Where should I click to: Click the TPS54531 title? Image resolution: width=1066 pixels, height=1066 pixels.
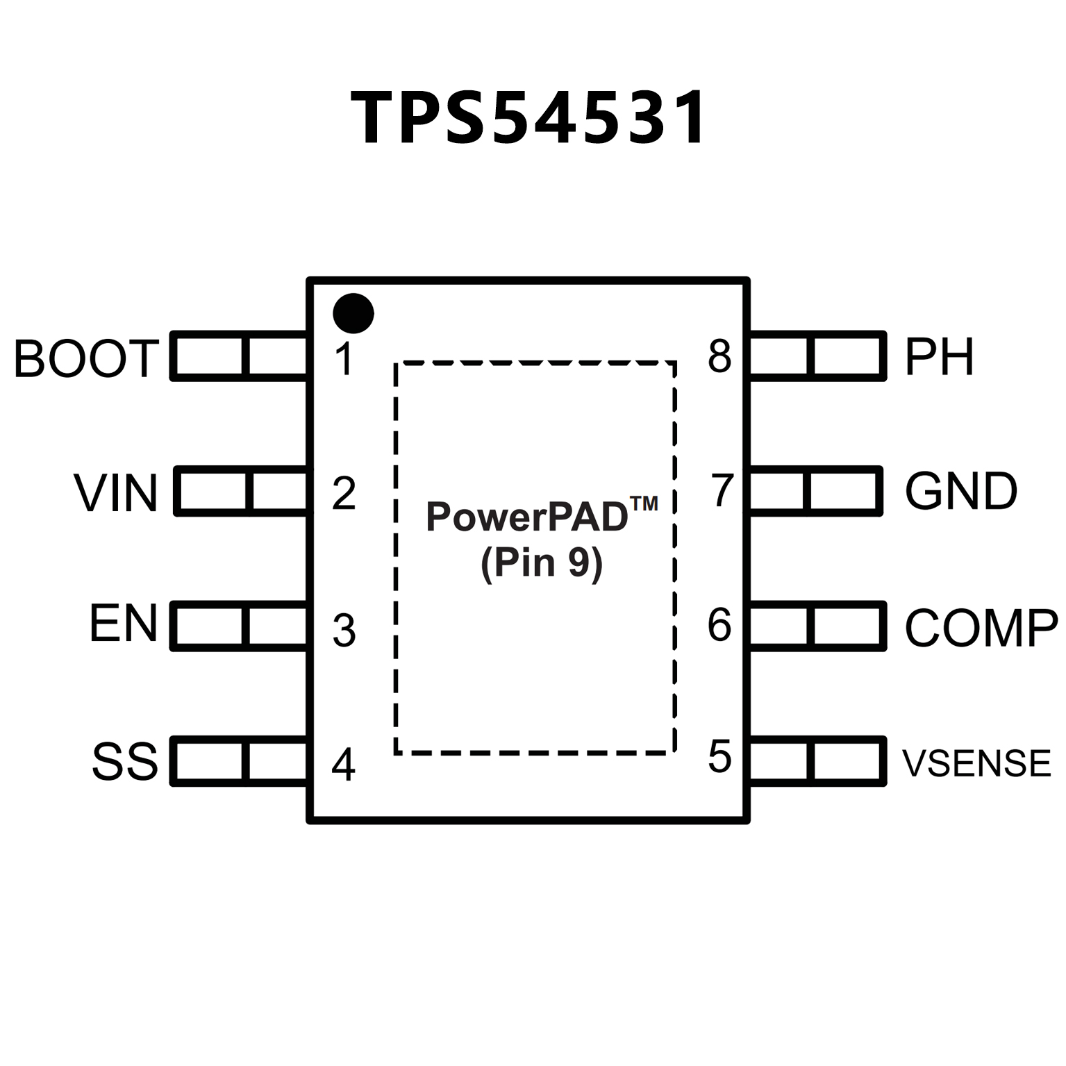(x=529, y=118)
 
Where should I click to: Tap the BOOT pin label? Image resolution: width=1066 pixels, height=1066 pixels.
(x=87, y=358)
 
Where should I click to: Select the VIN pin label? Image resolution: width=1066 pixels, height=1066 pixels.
(x=115, y=493)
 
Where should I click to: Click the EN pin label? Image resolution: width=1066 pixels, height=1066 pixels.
(x=124, y=623)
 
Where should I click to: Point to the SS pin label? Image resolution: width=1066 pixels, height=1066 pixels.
(x=125, y=761)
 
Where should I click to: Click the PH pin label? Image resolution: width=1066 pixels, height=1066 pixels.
(x=939, y=357)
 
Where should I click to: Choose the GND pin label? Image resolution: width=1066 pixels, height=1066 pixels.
(x=961, y=491)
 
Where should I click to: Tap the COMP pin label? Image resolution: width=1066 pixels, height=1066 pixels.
(x=981, y=628)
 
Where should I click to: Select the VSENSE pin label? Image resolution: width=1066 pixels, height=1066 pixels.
(x=976, y=763)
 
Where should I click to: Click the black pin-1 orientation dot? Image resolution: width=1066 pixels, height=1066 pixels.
(x=353, y=313)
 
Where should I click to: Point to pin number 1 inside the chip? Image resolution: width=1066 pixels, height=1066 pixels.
(x=344, y=359)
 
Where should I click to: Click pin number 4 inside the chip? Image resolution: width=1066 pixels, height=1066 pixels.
(x=344, y=765)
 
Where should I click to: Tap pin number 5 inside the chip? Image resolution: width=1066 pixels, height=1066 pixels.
(x=719, y=756)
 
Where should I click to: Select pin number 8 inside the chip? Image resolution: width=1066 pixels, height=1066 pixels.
(x=719, y=356)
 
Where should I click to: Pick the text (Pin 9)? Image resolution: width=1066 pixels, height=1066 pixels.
(x=542, y=563)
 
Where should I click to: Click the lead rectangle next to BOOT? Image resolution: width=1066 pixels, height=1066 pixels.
(x=240, y=356)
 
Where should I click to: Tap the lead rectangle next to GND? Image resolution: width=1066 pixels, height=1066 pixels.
(x=815, y=491)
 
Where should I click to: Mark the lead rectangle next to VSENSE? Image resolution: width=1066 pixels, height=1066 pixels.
(x=817, y=761)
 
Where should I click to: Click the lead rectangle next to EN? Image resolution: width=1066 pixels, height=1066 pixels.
(x=240, y=626)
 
